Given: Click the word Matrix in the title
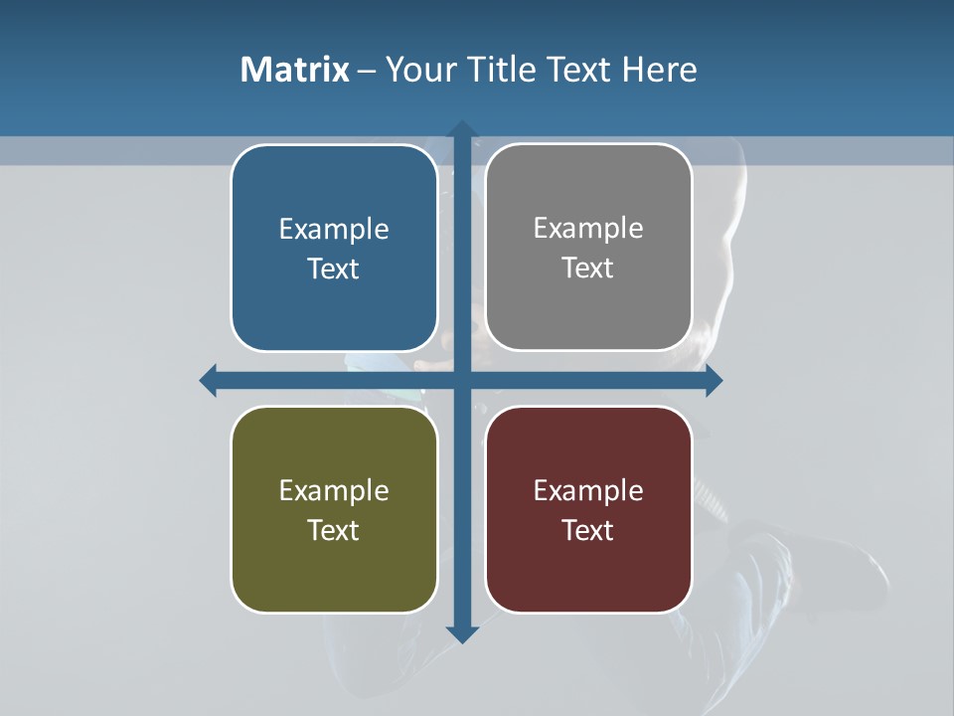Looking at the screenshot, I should tap(294, 70).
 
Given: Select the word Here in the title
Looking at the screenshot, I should tap(660, 70).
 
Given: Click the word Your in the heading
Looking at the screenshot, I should tap(418, 70).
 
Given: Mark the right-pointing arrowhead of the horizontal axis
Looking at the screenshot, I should tap(713, 380).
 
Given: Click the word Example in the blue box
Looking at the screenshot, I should tap(334, 230).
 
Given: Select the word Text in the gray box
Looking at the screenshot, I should tap(588, 268).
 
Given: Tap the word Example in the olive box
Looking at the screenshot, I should tap(334, 491).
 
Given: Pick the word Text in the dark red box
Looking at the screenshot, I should tap(588, 530).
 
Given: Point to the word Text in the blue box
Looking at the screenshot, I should tap(334, 269).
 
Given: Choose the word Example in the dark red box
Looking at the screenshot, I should tap(588, 491).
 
